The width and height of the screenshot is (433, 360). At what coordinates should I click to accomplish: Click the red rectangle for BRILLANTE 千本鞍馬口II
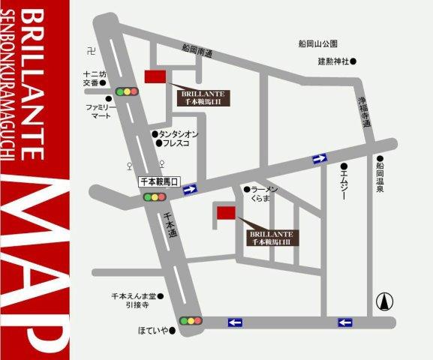point(156,76)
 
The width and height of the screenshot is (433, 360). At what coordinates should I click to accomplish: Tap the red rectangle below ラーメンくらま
point(226,213)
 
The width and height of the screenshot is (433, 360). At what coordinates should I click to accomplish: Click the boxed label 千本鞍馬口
point(159,181)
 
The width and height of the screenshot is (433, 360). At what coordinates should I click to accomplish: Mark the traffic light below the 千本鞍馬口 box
point(155,198)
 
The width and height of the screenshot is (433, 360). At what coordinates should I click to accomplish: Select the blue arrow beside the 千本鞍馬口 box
point(190,190)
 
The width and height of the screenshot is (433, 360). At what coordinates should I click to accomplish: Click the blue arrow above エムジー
point(320,157)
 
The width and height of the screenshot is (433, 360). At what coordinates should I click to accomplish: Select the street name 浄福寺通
point(364,109)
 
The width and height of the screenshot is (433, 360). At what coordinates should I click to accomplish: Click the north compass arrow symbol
point(386,302)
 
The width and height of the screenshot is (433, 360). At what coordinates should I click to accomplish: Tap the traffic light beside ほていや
point(191,321)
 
